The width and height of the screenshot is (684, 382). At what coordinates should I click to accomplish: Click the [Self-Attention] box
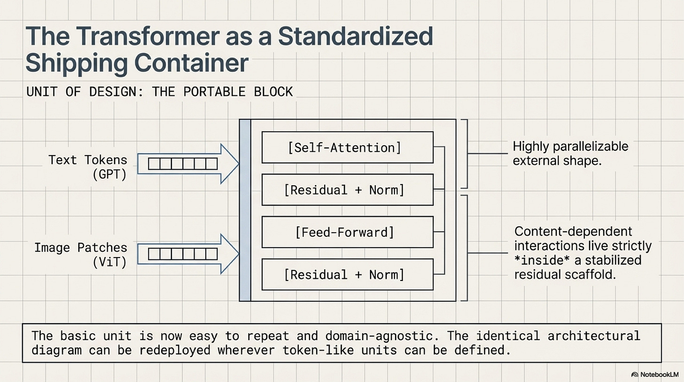[x=347, y=148]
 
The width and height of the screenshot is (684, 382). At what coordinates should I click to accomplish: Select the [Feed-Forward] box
[x=347, y=232]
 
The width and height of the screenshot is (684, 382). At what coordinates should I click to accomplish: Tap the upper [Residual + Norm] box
[x=347, y=190]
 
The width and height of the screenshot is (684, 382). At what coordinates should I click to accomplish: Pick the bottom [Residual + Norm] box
[x=347, y=274]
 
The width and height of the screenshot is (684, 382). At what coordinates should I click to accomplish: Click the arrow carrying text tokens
[x=188, y=164]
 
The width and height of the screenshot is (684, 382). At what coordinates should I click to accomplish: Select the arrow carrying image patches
[x=188, y=254]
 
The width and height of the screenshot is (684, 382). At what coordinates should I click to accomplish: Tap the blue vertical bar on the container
[x=245, y=210]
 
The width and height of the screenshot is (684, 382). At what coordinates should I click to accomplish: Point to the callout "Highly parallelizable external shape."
[x=570, y=154]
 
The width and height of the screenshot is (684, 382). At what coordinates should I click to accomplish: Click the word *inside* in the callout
[x=537, y=260]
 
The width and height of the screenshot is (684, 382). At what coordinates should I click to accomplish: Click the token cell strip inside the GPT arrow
[x=183, y=164]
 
